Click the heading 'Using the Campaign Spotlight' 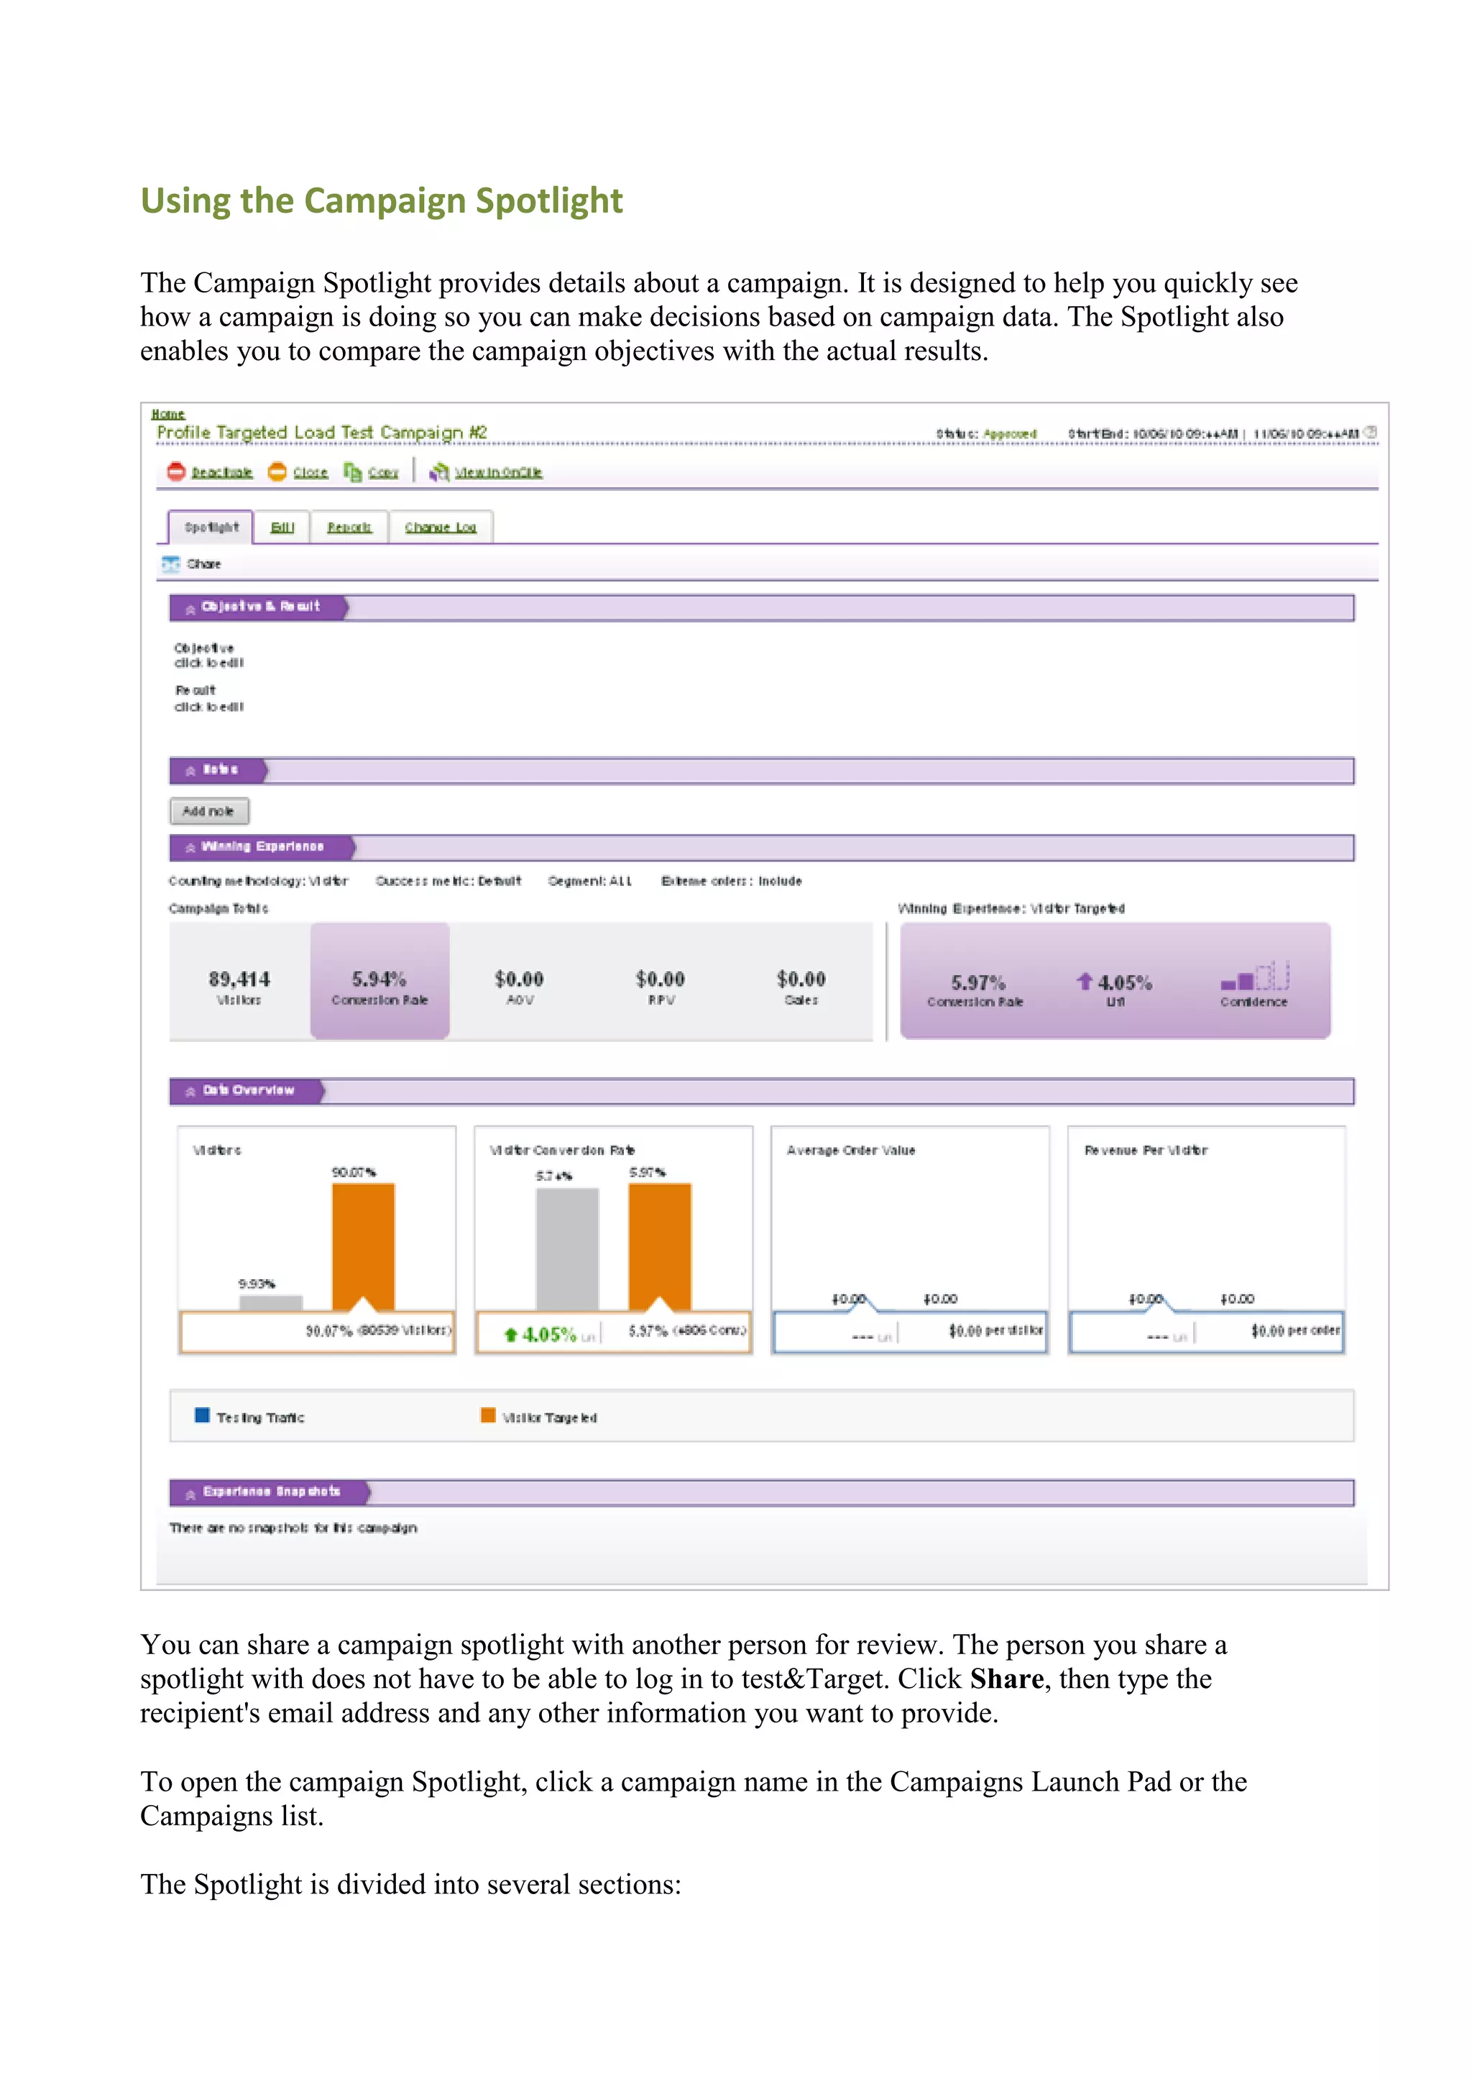click(382, 200)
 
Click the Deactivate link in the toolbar click(221, 472)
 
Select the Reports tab click(349, 527)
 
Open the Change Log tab click(441, 527)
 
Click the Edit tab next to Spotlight click(282, 527)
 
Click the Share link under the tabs click(203, 564)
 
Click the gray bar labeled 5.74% click(567, 1248)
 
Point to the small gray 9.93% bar click(270, 1303)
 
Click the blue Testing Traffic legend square click(203, 1416)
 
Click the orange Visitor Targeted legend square click(487, 1416)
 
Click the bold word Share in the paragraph click(1006, 1679)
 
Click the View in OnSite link click(497, 472)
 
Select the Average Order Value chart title click(850, 1150)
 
